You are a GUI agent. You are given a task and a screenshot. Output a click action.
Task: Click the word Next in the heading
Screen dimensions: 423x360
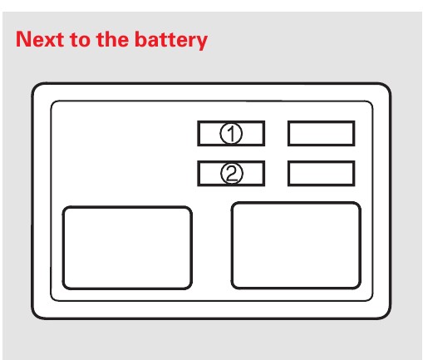pos(41,39)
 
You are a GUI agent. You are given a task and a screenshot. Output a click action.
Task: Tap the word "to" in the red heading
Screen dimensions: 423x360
pos(80,40)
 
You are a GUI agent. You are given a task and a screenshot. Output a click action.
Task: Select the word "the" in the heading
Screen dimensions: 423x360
pos(112,39)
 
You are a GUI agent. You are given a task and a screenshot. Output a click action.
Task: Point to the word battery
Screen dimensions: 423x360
pos(171,41)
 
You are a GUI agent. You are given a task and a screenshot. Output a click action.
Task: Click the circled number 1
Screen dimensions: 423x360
pos(231,133)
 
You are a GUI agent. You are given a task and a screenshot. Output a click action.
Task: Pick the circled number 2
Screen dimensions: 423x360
pos(232,174)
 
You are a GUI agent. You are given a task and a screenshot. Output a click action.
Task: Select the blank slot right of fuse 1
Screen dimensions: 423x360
pos(322,133)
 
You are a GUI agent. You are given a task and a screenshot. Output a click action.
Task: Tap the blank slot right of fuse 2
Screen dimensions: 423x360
pos(322,173)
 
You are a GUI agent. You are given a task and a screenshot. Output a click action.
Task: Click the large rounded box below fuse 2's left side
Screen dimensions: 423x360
pos(127,248)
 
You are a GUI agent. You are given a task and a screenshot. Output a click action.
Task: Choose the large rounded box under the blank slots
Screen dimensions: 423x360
pos(296,245)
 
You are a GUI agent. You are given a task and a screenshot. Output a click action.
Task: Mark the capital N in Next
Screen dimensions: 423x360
pos(24,39)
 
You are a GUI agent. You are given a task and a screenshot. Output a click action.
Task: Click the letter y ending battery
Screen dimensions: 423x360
pos(200,43)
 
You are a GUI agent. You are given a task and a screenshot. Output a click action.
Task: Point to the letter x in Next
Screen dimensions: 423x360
pos(51,41)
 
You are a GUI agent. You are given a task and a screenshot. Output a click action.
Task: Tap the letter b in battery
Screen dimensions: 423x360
pos(140,39)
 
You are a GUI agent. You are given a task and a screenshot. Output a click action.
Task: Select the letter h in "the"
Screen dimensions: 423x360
pos(111,39)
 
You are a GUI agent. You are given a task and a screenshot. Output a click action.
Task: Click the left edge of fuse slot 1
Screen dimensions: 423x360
pos(199,133)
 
